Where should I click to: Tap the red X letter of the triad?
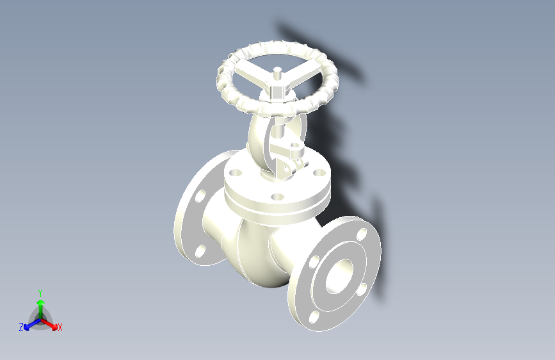click(x=60, y=327)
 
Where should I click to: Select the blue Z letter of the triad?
click(x=21, y=327)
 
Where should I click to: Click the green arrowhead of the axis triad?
click(x=40, y=300)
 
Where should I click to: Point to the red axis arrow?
click(x=51, y=323)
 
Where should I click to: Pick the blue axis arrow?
click(x=29, y=323)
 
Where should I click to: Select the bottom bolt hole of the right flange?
click(x=314, y=316)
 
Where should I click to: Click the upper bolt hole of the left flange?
click(x=200, y=196)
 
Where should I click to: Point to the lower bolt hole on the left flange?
click(x=200, y=250)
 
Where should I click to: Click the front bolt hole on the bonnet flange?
click(x=277, y=197)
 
